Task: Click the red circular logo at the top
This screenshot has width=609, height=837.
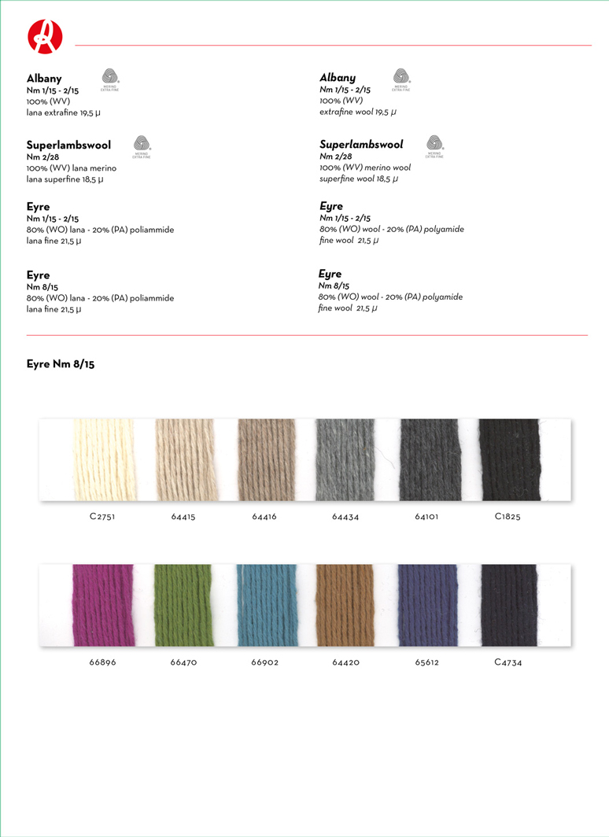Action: (x=45, y=36)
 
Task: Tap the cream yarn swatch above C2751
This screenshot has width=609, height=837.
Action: (x=103, y=459)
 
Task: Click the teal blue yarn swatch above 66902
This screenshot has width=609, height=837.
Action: (x=266, y=605)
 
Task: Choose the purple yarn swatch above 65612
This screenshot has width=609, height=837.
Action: (x=427, y=605)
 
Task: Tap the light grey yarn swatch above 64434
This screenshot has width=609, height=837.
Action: (x=345, y=459)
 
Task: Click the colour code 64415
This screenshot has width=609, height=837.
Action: (x=184, y=517)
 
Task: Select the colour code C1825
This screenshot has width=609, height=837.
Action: (x=507, y=517)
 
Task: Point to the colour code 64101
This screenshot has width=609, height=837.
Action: (x=427, y=517)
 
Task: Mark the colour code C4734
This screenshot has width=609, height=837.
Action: (x=507, y=662)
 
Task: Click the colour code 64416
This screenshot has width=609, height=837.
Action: (x=264, y=517)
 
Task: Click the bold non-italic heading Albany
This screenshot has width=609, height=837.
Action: (x=44, y=79)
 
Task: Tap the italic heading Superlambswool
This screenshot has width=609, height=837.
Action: (x=361, y=145)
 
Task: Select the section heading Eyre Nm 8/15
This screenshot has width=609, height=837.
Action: (x=61, y=364)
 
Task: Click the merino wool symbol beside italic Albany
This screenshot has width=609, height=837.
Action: (x=401, y=78)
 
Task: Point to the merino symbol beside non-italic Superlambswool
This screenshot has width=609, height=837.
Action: (x=142, y=146)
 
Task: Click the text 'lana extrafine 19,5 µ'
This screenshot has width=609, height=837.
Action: (x=64, y=113)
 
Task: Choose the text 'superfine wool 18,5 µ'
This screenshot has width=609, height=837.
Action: (x=359, y=179)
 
